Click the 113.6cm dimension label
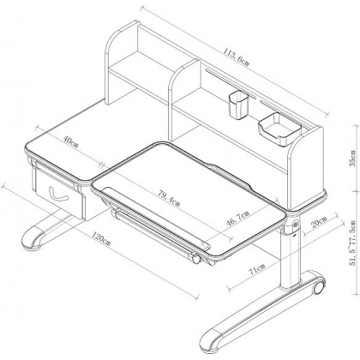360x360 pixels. click(237, 57)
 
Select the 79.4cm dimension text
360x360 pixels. click(169, 198)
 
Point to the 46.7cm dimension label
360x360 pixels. click(238, 218)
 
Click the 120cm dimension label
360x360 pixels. click(101, 238)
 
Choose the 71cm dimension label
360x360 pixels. click(257, 269)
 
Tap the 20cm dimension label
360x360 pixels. click(319, 222)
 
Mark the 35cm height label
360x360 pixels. click(354, 159)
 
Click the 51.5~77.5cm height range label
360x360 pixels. click(354, 243)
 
